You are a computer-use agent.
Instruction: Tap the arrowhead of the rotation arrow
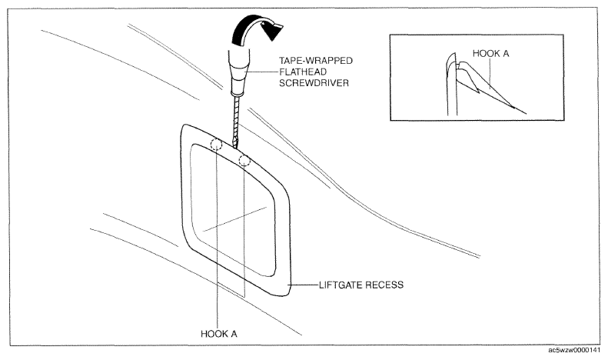click(x=274, y=30)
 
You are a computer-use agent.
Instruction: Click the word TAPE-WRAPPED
click(x=316, y=61)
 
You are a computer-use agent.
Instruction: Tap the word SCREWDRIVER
click(x=314, y=83)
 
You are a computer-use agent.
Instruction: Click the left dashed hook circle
click(x=216, y=145)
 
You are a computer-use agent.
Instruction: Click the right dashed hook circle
click(x=244, y=160)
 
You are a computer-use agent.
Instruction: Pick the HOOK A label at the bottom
click(x=219, y=334)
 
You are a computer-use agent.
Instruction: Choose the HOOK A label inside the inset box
click(x=490, y=54)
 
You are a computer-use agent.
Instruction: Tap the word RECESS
click(x=385, y=285)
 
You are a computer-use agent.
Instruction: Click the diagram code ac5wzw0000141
click(x=573, y=350)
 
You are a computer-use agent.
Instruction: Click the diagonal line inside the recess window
click(x=235, y=219)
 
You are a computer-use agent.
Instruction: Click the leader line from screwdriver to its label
click(x=262, y=72)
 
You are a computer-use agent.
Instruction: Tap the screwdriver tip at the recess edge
click(x=235, y=146)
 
